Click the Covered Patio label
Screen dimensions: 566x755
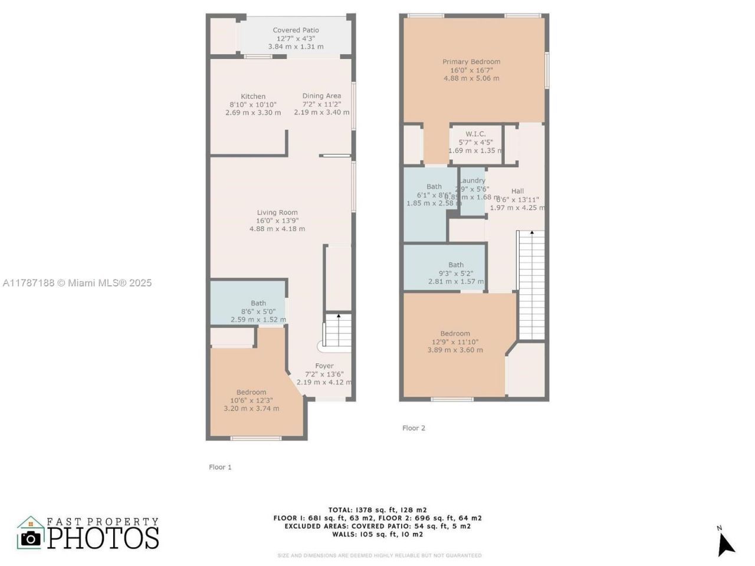tap(296, 30)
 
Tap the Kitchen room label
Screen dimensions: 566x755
tap(253, 96)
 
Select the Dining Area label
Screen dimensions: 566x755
tap(321, 96)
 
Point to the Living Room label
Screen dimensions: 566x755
tap(277, 212)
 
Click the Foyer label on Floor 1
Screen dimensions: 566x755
tap(324, 366)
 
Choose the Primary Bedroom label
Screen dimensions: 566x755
tap(471, 61)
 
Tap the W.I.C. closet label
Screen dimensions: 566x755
tap(475, 134)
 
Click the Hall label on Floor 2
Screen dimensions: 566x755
tap(517, 190)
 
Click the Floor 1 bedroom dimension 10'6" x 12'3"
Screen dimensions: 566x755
tap(251, 400)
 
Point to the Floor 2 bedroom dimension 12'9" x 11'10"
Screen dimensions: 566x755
tap(455, 341)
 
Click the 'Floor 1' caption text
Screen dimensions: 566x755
tap(220, 467)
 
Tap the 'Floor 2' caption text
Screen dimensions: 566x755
tap(413, 428)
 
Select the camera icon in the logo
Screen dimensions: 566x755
tap(31, 538)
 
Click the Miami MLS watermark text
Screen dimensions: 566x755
tap(77, 283)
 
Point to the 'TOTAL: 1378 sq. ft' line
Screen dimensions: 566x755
tap(377, 510)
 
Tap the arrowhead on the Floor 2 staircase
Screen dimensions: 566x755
tap(532, 233)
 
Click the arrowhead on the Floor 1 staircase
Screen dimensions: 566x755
tap(339, 317)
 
